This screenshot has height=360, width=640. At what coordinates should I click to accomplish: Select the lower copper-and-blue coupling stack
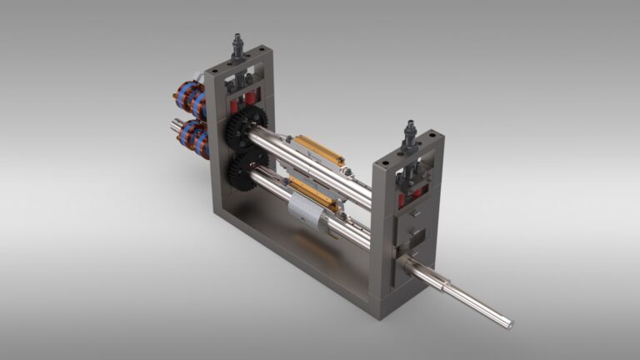(193, 137)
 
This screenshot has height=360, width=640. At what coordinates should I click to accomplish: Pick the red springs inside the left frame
(242, 104)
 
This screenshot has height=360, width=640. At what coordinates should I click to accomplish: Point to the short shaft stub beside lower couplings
(177, 126)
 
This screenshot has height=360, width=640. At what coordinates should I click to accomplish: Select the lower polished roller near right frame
(354, 232)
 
